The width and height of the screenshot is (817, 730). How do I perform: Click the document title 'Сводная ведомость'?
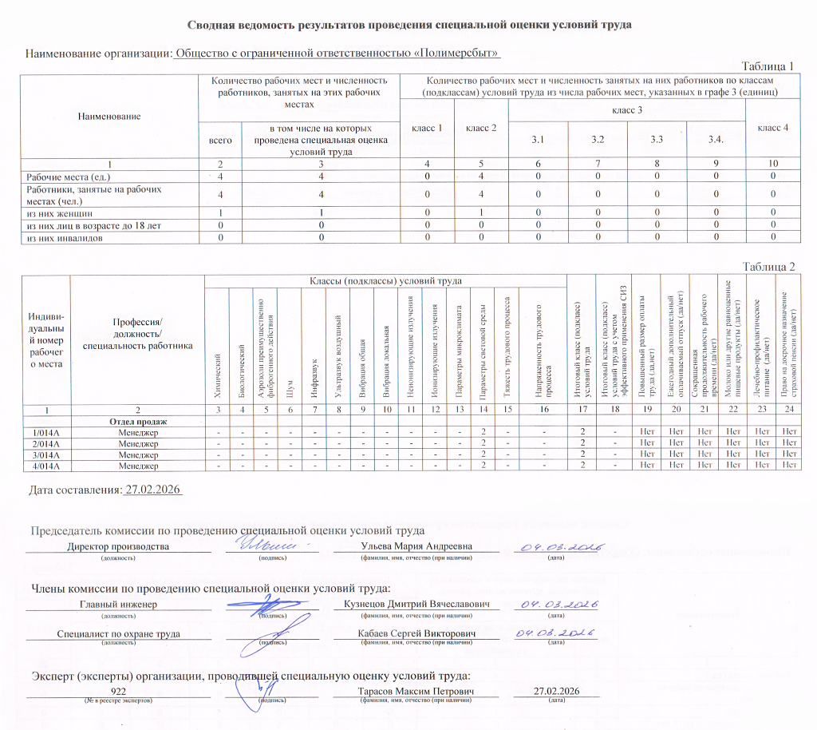[x=409, y=25]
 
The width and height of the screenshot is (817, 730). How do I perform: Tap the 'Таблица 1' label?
[x=768, y=65]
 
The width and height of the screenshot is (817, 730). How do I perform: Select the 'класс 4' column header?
[x=773, y=127]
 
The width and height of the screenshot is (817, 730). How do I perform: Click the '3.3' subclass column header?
[x=657, y=141]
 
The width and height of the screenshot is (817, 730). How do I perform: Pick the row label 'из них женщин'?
[x=61, y=214]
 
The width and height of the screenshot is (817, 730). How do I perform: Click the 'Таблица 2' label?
[x=768, y=266]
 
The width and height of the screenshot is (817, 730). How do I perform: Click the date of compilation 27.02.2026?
[x=154, y=490]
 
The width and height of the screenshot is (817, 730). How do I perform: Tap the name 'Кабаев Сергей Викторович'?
[x=416, y=633]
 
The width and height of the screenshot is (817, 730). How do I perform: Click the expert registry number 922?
[x=118, y=690]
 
